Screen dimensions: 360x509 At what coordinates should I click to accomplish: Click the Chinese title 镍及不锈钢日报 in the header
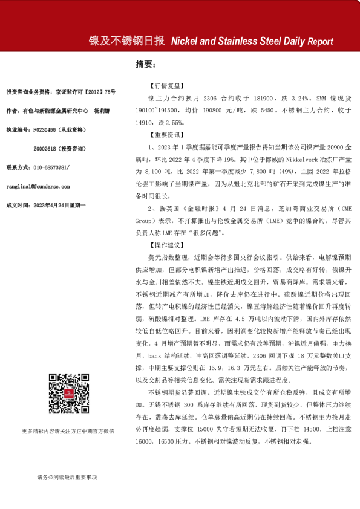click(x=126, y=41)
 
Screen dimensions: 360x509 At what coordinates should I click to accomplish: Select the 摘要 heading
click(x=145, y=63)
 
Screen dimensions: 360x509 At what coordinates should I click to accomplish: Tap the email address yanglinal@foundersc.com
click(x=38, y=187)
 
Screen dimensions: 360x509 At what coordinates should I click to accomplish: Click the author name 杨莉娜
click(x=102, y=111)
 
